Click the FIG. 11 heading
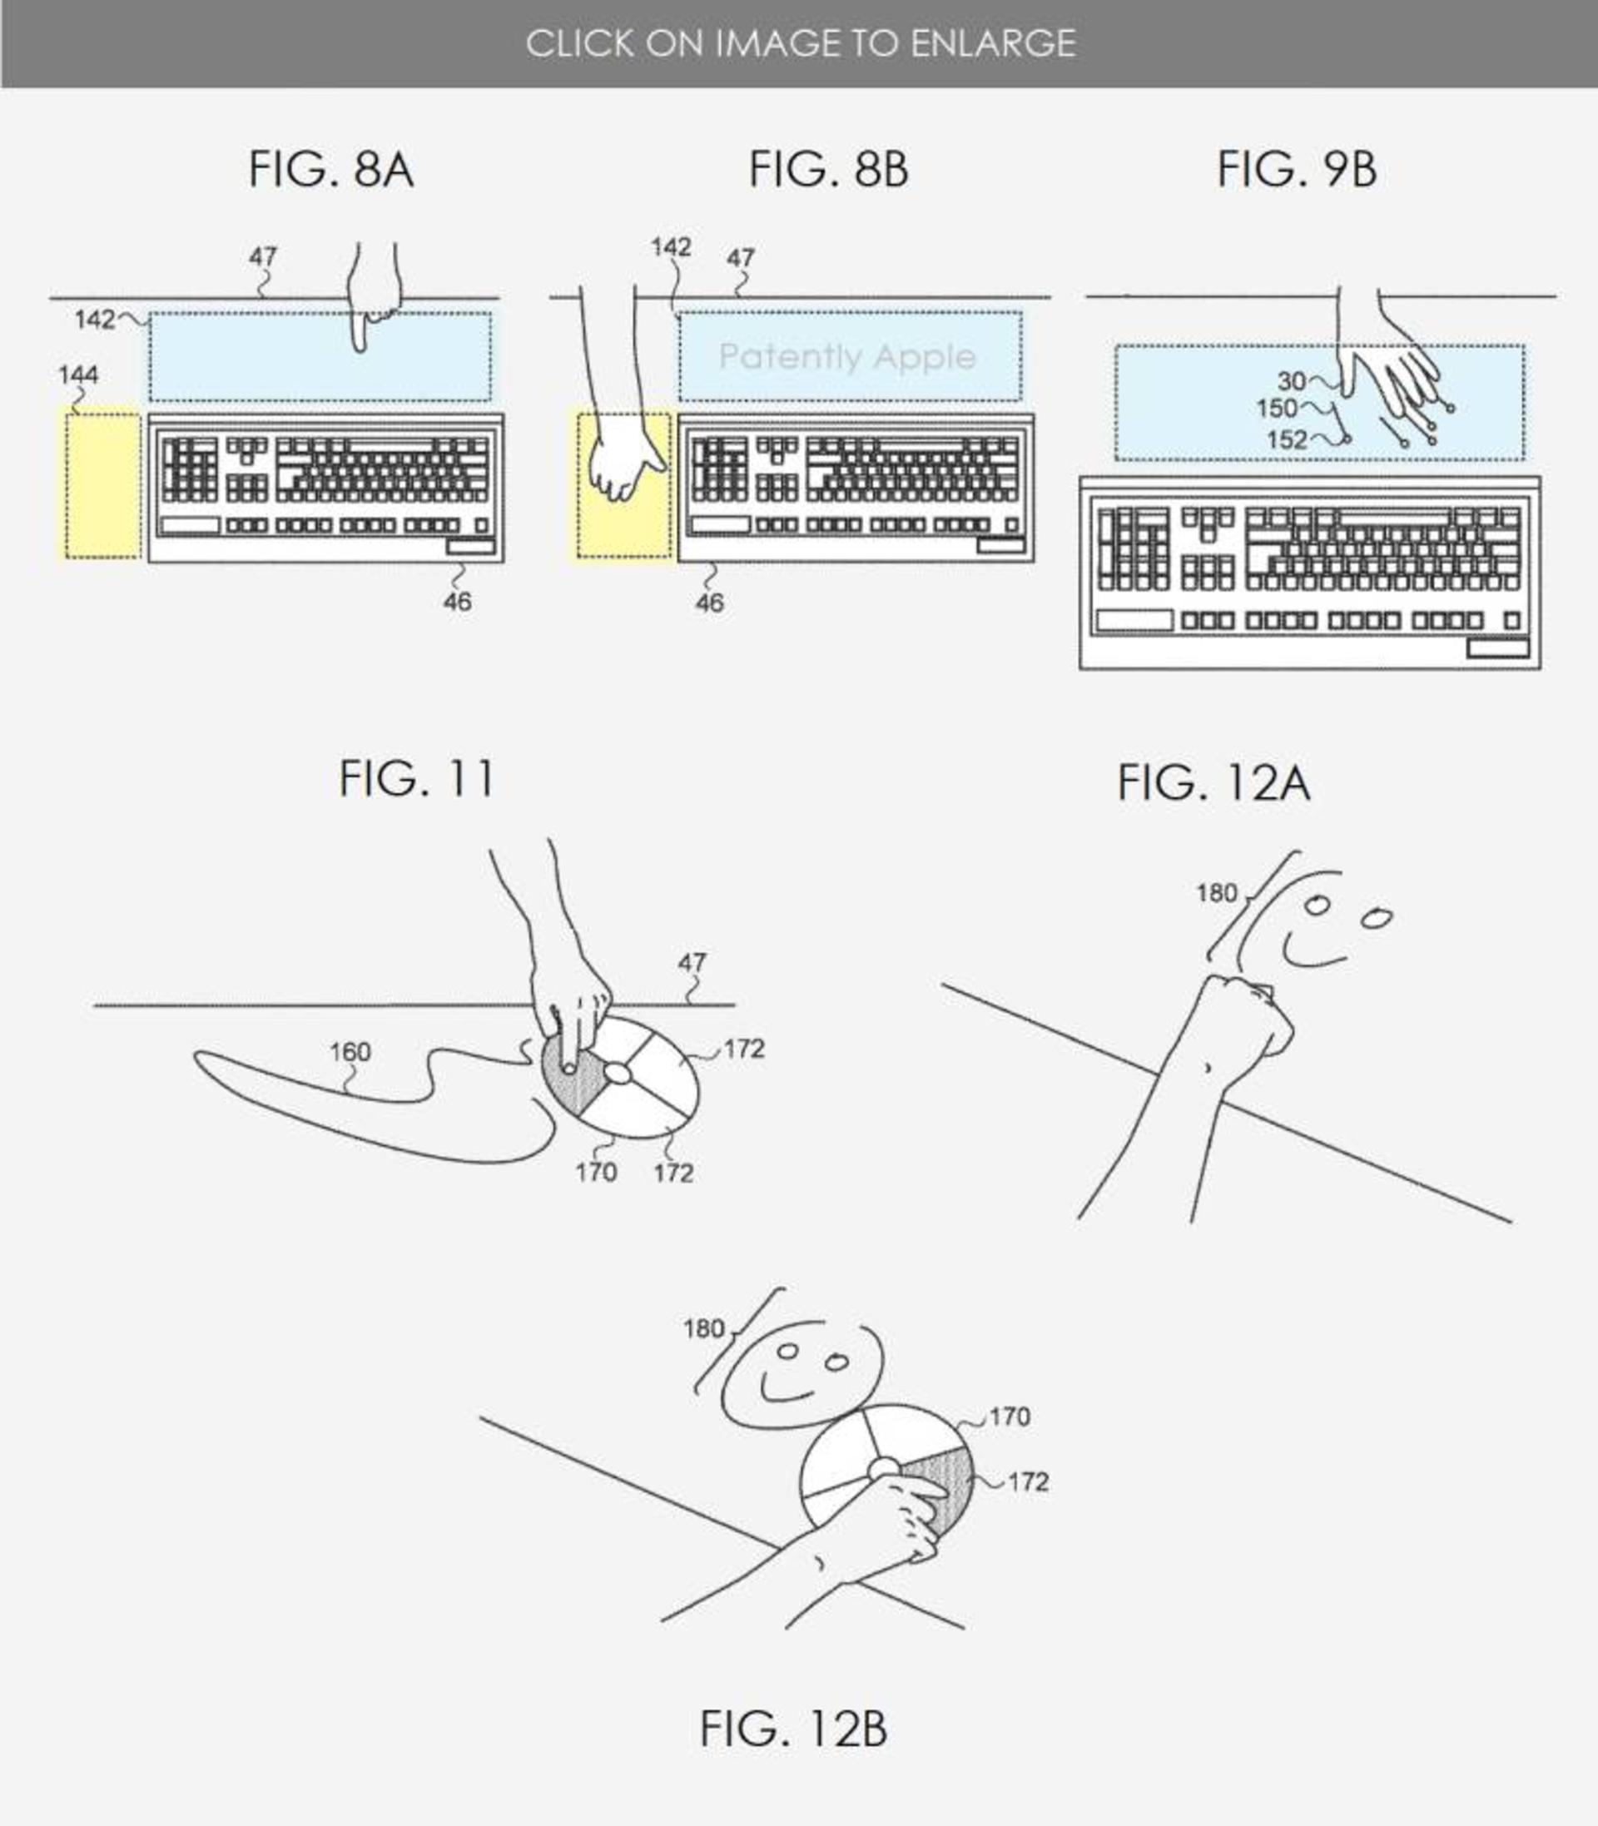(x=415, y=778)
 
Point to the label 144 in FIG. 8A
(x=78, y=375)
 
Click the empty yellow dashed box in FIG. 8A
(x=102, y=486)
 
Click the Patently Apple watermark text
(x=847, y=357)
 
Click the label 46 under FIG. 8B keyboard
(x=709, y=603)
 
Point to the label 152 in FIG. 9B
(x=1287, y=439)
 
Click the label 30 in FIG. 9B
(x=1291, y=382)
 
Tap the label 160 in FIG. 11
(x=350, y=1052)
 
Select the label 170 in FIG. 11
(x=596, y=1173)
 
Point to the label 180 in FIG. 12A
(x=1216, y=892)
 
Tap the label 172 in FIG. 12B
(x=1028, y=1481)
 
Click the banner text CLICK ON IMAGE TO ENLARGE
(x=800, y=42)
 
